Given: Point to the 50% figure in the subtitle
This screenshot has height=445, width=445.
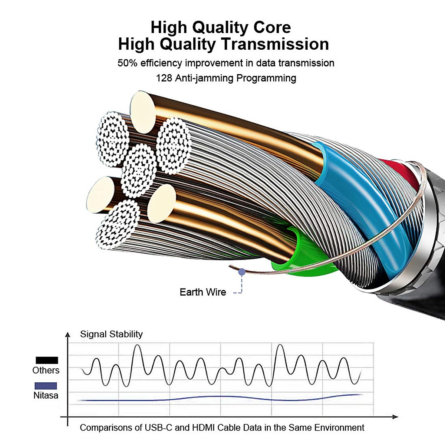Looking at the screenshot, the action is pos(128,63).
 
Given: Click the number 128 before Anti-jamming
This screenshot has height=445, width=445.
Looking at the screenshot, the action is pos(164,78).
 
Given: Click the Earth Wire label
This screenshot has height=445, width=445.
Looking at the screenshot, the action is pos(203,292).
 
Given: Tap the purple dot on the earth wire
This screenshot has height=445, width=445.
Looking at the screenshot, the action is pos(242,272).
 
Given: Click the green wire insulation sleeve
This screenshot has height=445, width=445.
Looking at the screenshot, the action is pos(300,252).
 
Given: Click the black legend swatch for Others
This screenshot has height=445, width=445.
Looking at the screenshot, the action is pos(47,360).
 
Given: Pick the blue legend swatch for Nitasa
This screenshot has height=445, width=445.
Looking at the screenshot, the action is pos(46,386).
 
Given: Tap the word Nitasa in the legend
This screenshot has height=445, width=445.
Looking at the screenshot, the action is pos(46,395).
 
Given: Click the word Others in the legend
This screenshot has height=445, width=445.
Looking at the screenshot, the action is pos(46,370).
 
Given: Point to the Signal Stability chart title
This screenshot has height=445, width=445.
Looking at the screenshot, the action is pos(111,334).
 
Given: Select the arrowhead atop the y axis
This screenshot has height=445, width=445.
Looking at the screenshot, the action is pos(67,335).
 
